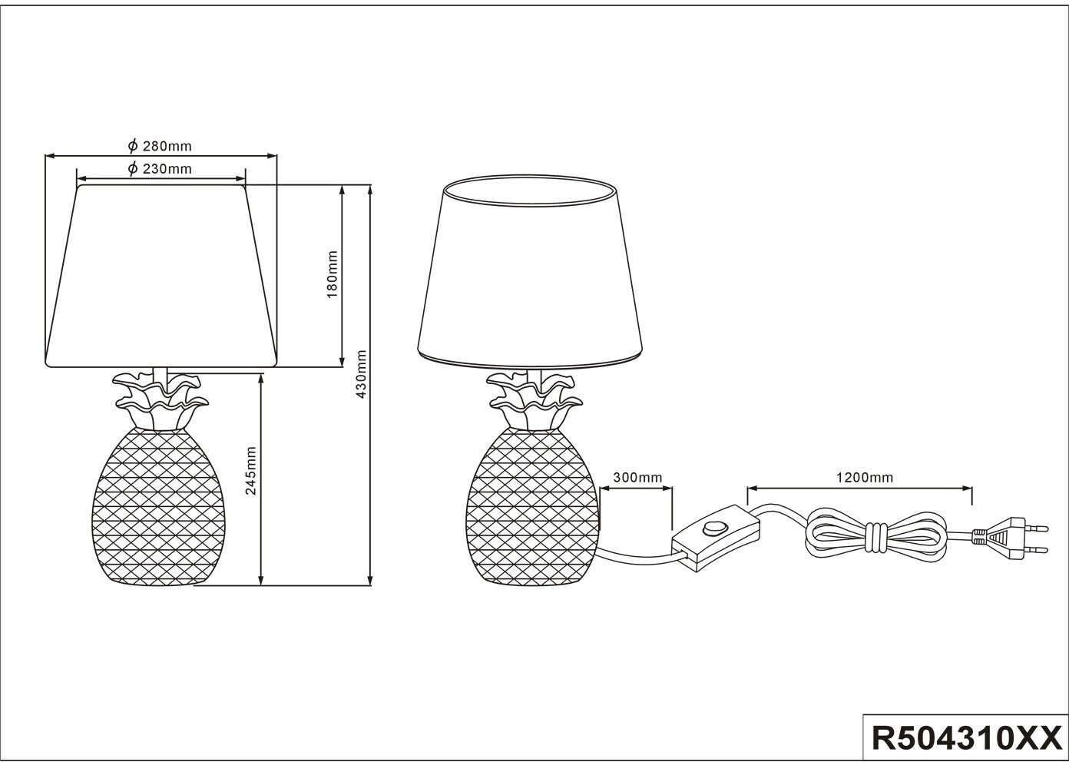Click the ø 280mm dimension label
(160, 146)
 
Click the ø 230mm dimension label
(160, 169)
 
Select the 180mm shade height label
(333, 274)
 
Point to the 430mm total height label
(362, 373)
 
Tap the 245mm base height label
(250, 470)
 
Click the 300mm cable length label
(637, 478)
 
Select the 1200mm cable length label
(864, 478)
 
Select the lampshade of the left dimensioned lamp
(161, 277)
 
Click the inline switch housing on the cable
(715, 538)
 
